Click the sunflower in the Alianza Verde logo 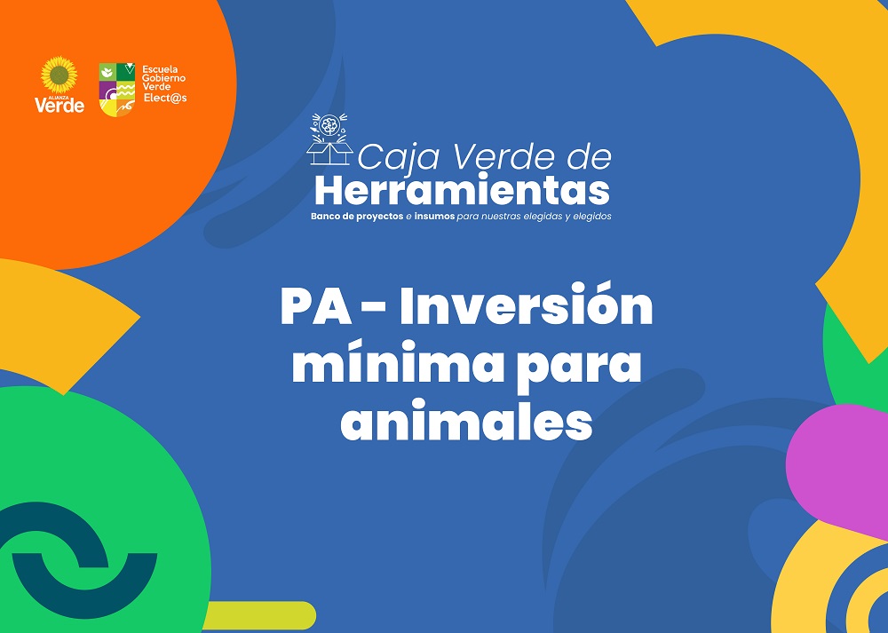coord(59,75)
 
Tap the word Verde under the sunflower coord(59,106)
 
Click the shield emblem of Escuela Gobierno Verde coord(117,90)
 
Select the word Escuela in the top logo coord(160,69)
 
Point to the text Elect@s coord(165,98)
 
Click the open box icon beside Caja coord(329,139)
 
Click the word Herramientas coord(462,191)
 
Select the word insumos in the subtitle coord(434,217)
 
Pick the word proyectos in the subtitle coord(379,217)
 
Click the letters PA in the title coord(316,306)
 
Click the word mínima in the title coord(397,363)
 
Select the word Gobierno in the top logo coord(163,78)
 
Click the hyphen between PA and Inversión coord(373,309)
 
